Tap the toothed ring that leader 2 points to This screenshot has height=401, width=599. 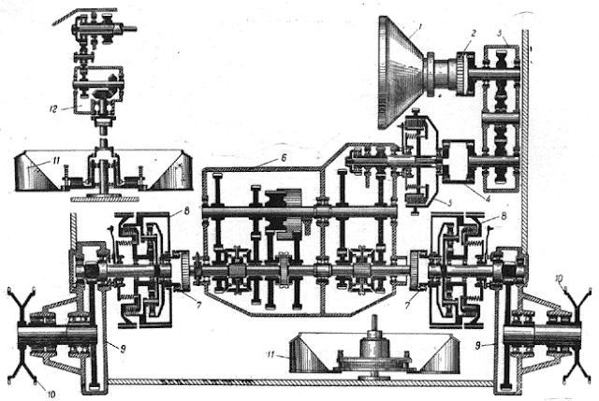pos(461,69)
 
